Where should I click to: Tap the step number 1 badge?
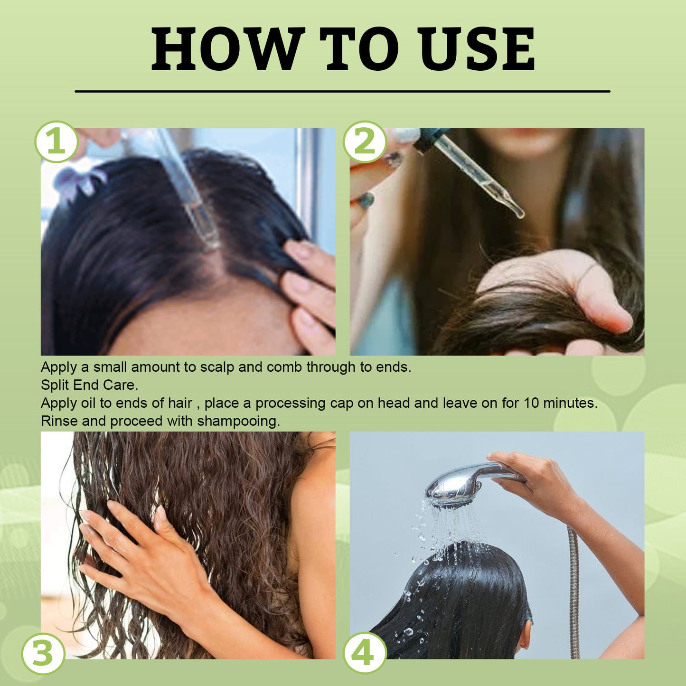tap(56, 142)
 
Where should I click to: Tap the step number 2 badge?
tap(364, 142)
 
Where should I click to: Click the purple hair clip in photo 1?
tap(78, 183)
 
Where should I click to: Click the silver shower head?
tap(456, 487)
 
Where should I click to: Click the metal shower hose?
tap(574, 593)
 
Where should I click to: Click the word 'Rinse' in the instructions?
tap(59, 421)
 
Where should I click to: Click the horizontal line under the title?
tap(342, 91)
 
